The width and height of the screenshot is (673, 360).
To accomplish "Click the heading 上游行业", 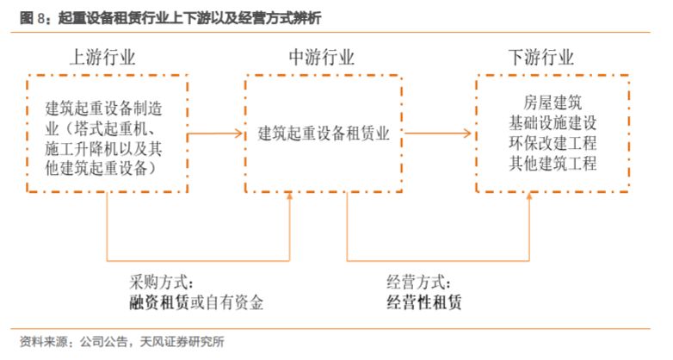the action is click(102, 57).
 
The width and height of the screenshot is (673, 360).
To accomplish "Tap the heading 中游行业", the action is click(322, 57).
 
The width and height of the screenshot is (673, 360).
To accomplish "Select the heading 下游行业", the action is click(540, 57).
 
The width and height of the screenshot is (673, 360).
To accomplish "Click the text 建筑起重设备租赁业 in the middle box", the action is click(324, 133).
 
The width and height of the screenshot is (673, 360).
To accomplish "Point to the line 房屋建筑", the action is click(553, 102).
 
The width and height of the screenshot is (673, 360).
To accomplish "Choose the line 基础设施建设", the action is click(553, 123).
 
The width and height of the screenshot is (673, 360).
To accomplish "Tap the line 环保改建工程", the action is click(553, 143).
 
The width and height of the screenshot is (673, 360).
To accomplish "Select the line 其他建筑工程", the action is click(553, 164).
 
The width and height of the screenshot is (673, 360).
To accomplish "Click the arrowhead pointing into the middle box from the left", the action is click(238, 133).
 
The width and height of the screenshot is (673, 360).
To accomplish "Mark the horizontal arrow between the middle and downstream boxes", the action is click(438, 133).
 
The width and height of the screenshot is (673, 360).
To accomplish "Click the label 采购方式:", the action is click(162, 282).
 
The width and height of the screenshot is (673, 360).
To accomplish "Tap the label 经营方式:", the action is click(419, 282).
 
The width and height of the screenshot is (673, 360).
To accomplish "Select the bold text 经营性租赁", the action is click(424, 302).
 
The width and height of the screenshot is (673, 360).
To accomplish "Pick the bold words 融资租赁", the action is click(159, 302).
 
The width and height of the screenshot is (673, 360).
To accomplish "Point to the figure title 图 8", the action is click(32, 18).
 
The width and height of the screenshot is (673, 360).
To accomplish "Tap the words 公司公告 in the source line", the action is click(104, 342).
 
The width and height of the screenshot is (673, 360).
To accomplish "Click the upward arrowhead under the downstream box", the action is click(529, 196).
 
